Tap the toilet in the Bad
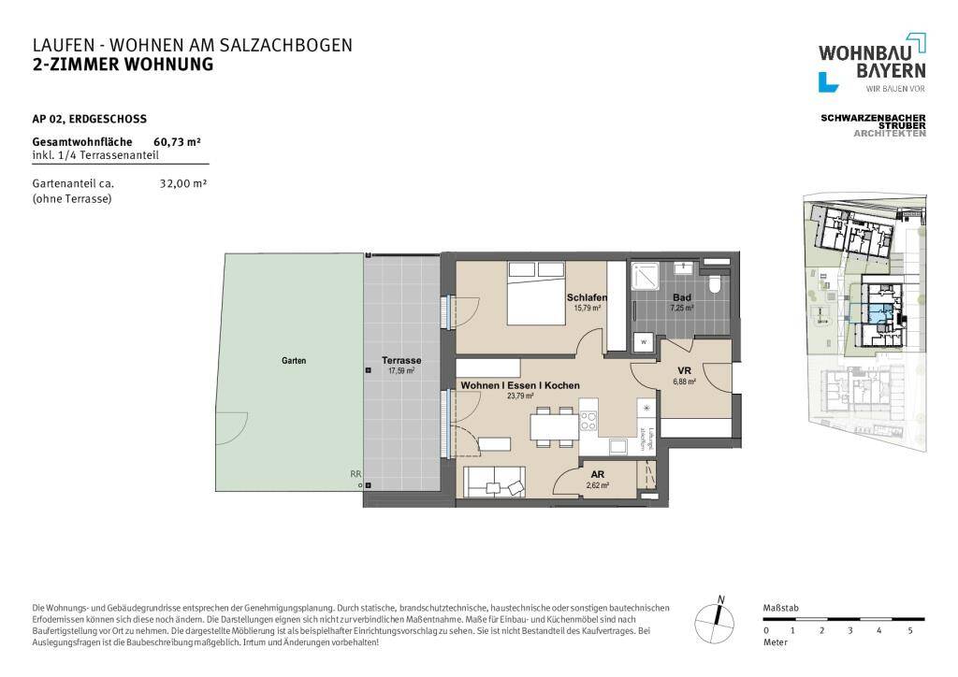716,284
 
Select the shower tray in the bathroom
645,277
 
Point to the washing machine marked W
644,342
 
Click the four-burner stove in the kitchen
588,421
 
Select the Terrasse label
400,361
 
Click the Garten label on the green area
294,361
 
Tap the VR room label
684,370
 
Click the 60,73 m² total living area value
178,142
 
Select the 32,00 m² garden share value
183,184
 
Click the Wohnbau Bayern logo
872,62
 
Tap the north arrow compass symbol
717,617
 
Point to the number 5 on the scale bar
909,631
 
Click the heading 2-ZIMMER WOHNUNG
123,65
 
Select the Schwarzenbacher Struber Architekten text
872,125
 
